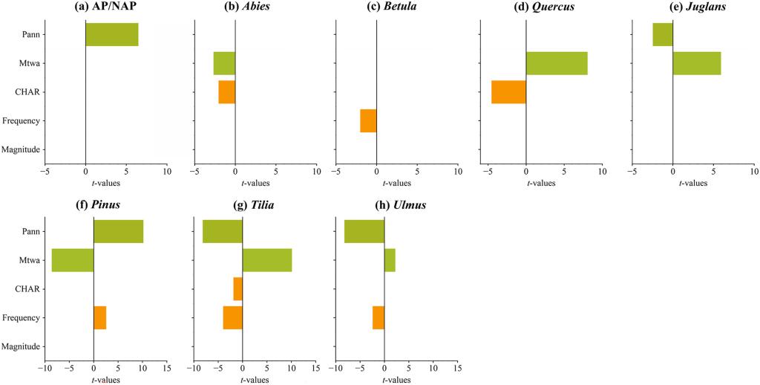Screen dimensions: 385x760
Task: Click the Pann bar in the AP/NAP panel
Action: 111,35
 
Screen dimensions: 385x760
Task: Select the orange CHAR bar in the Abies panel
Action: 226,92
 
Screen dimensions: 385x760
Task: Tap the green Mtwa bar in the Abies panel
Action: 224,63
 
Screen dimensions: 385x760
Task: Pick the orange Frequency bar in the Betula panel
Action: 368,120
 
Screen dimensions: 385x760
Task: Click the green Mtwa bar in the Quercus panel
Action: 557,63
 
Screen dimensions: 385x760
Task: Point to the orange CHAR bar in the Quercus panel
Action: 508,92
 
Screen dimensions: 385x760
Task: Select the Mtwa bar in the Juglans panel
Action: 696,63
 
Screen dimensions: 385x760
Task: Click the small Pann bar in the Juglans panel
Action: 663,35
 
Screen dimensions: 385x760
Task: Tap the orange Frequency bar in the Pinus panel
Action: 99,317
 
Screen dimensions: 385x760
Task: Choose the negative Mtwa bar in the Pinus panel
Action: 72,260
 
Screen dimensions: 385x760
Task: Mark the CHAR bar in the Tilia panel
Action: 237,288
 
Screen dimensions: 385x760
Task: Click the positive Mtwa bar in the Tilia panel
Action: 266,260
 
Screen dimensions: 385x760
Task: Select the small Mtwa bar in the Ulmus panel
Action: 390,260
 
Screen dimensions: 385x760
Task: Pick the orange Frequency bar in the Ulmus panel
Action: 379,317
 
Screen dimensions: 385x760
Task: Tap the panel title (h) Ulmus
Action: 384,204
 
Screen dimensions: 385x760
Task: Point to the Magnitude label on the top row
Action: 20,149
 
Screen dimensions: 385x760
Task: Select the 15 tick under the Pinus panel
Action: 166,367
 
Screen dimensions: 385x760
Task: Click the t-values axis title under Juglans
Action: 692,183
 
